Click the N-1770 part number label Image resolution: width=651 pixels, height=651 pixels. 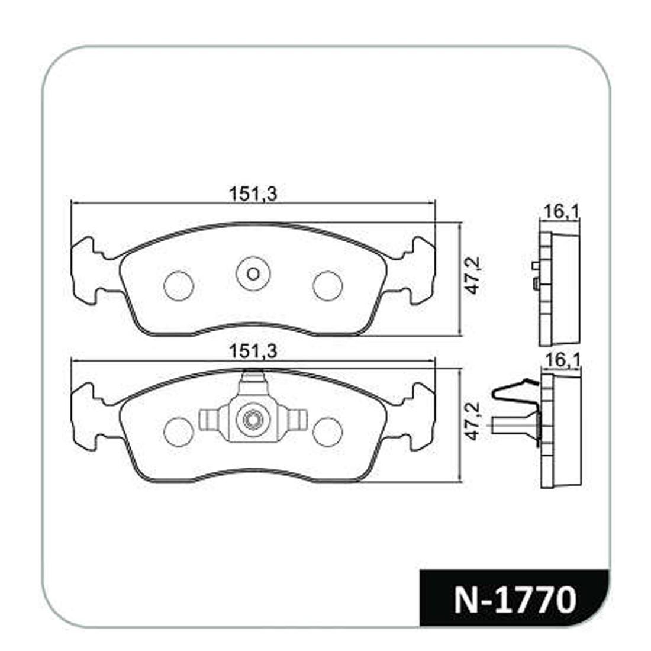coord(515,600)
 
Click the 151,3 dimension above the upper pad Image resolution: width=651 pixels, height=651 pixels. coord(253,194)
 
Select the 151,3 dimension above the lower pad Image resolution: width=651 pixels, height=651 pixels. coord(253,352)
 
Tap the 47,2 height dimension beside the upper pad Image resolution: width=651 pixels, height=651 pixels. coord(473,275)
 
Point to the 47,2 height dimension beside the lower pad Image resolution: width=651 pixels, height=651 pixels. coord(473,421)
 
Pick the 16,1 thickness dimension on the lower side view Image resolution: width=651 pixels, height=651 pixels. coord(562,360)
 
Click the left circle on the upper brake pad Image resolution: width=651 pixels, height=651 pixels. coord(179,286)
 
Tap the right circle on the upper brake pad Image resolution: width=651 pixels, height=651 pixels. coord(328,286)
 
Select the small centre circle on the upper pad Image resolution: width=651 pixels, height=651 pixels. coord(253,274)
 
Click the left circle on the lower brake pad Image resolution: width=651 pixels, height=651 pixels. coord(179,432)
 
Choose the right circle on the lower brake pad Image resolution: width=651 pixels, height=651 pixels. coord(328,432)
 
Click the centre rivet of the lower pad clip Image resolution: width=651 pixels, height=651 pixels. coord(253,420)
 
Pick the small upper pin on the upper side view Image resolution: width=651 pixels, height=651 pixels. coord(536,265)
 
